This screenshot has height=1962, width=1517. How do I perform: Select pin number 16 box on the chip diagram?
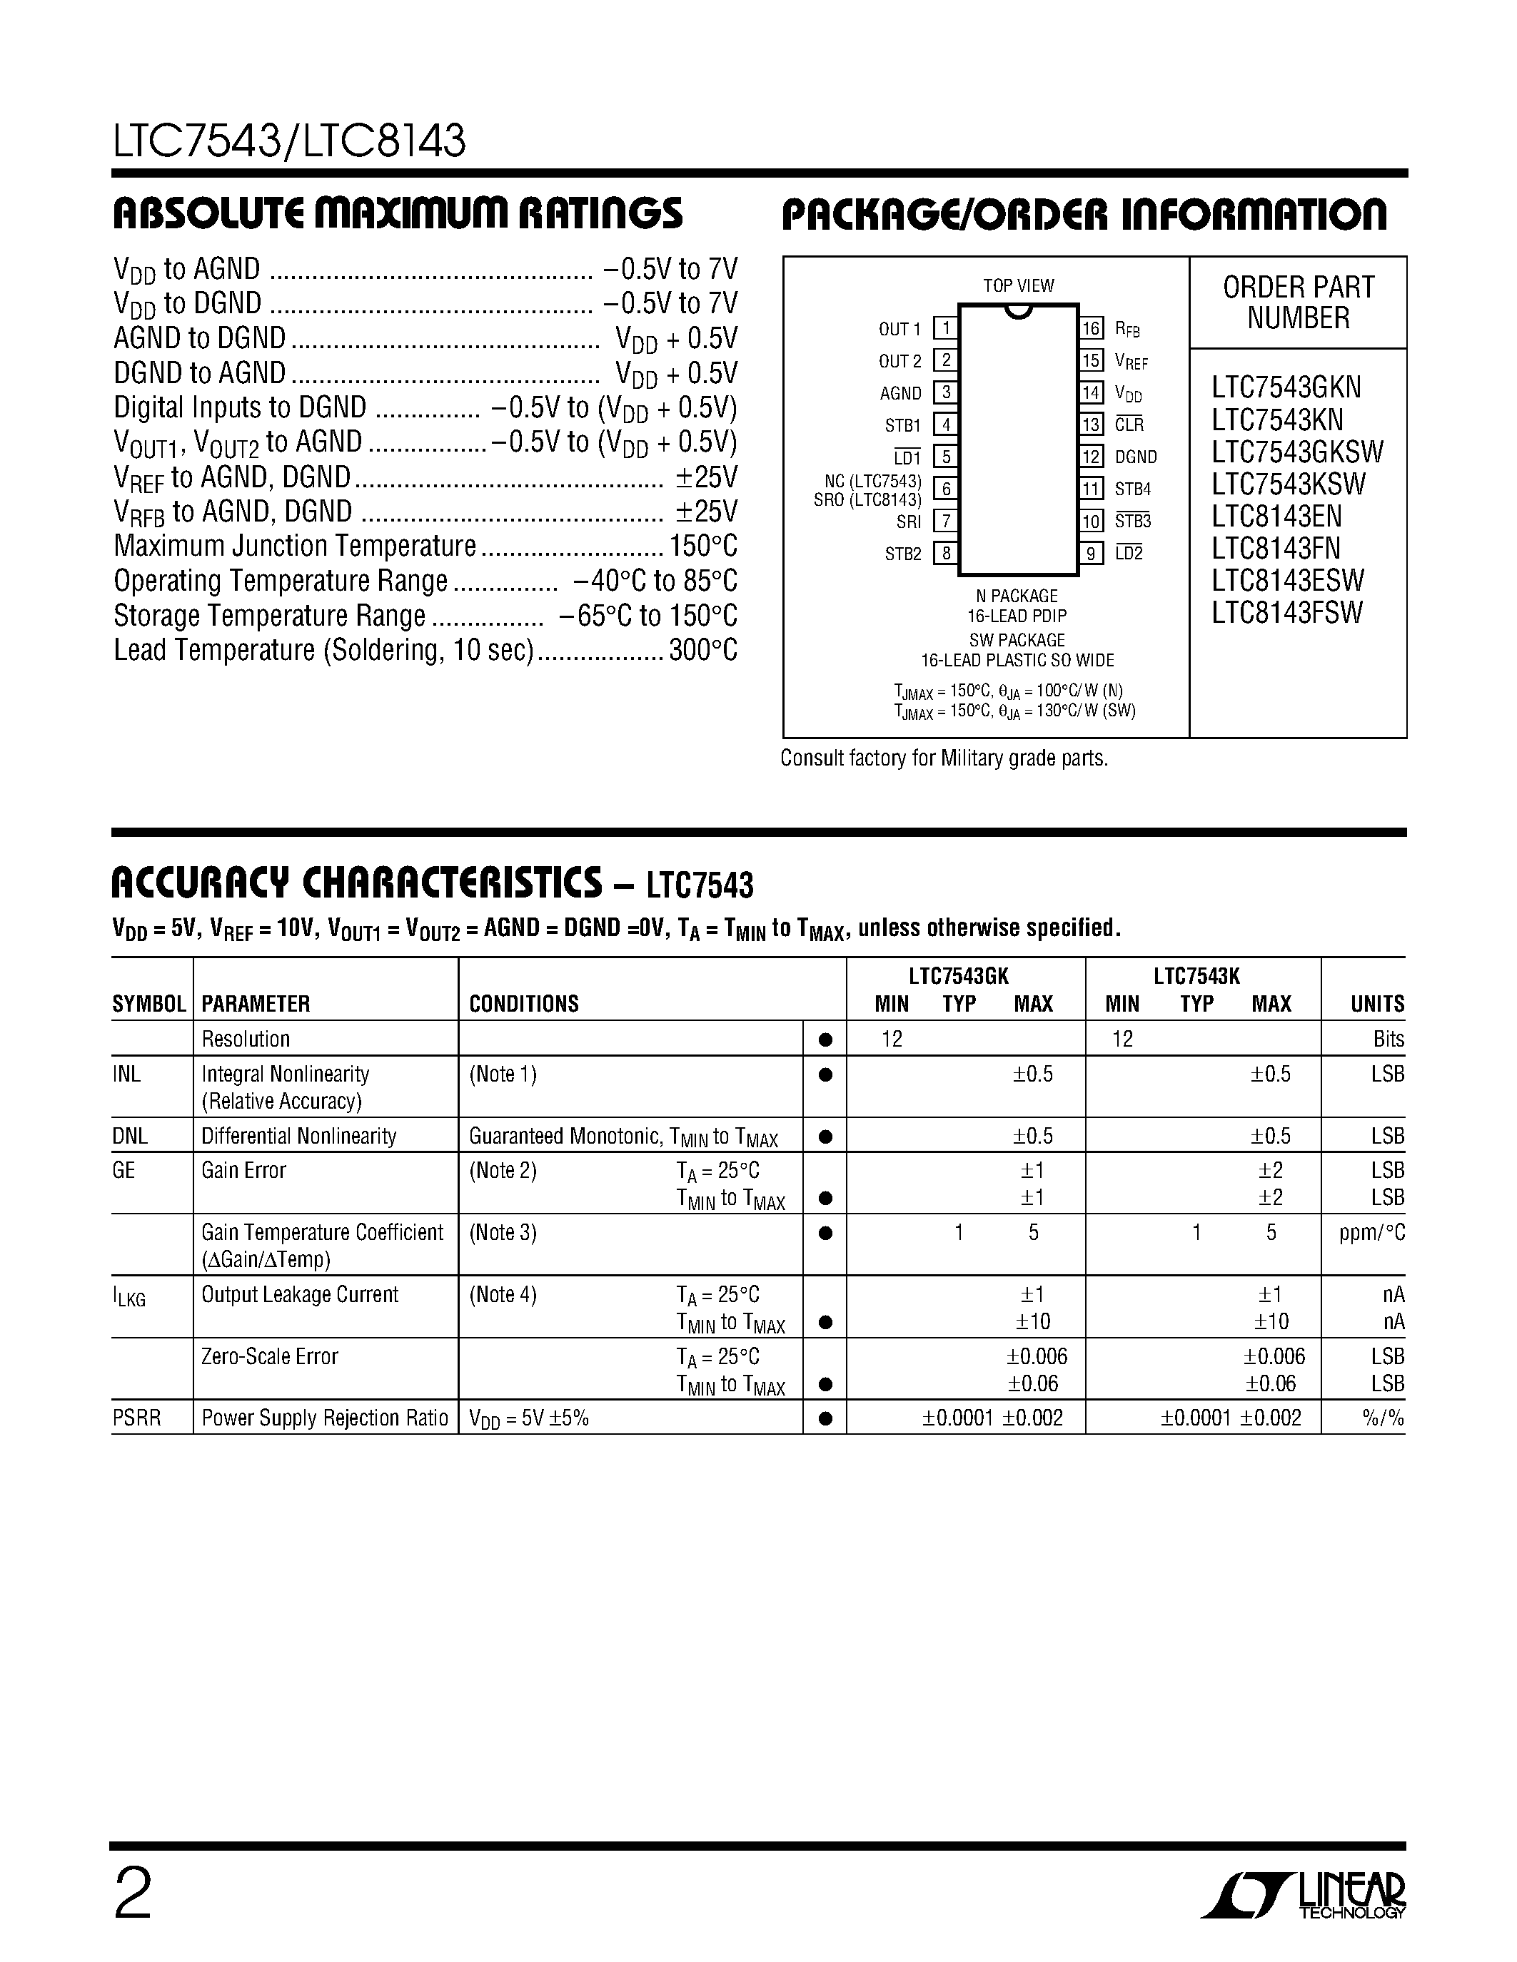click(x=1091, y=329)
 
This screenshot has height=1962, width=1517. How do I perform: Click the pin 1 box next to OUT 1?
click(x=944, y=329)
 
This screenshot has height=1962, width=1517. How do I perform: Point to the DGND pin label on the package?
click(x=1135, y=457)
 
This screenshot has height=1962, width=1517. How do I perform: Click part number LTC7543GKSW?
click(x=1297, y=452)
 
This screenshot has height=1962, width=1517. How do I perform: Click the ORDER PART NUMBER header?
click(x=1298, y=303)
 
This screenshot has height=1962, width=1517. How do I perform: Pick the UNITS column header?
click(x=1377, y=1005)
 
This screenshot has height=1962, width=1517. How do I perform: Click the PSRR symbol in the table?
click(x=136, y=1418)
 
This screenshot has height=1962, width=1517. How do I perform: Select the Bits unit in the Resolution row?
click(x=1388, y=1040)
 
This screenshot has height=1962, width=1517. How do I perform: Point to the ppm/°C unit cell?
click(x=1371, y=1234)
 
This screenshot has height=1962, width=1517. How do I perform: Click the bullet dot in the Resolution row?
click(x=825, y=1040)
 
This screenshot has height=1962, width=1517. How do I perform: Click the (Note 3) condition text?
click(x=503, y=1233)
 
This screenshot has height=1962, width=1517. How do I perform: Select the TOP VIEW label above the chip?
click(x=1018, y=285)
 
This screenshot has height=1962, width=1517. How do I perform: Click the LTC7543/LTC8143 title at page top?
click(x=289, y=141)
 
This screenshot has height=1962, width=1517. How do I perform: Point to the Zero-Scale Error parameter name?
click(x=270, y=1356)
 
